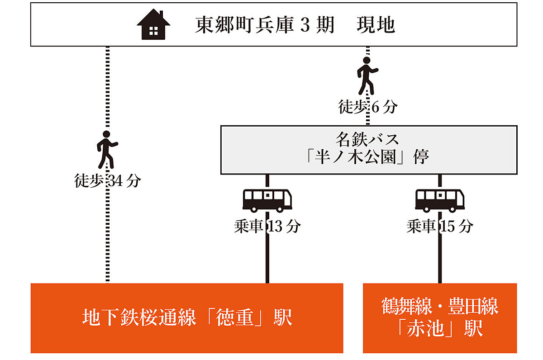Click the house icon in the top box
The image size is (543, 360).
coord(153,25)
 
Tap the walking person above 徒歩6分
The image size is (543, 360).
coord(367,76)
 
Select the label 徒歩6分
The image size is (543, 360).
coord(367,107)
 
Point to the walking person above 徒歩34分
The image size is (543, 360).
coord(107,149)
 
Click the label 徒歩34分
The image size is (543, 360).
coord(108,181)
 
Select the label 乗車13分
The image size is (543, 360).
coord(267,226)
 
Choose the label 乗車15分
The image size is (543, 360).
coord(440,226)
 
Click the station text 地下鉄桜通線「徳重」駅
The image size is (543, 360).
coord(187,318)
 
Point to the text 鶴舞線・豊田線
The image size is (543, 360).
coord(440,307)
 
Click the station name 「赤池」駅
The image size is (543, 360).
coord(440,328)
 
